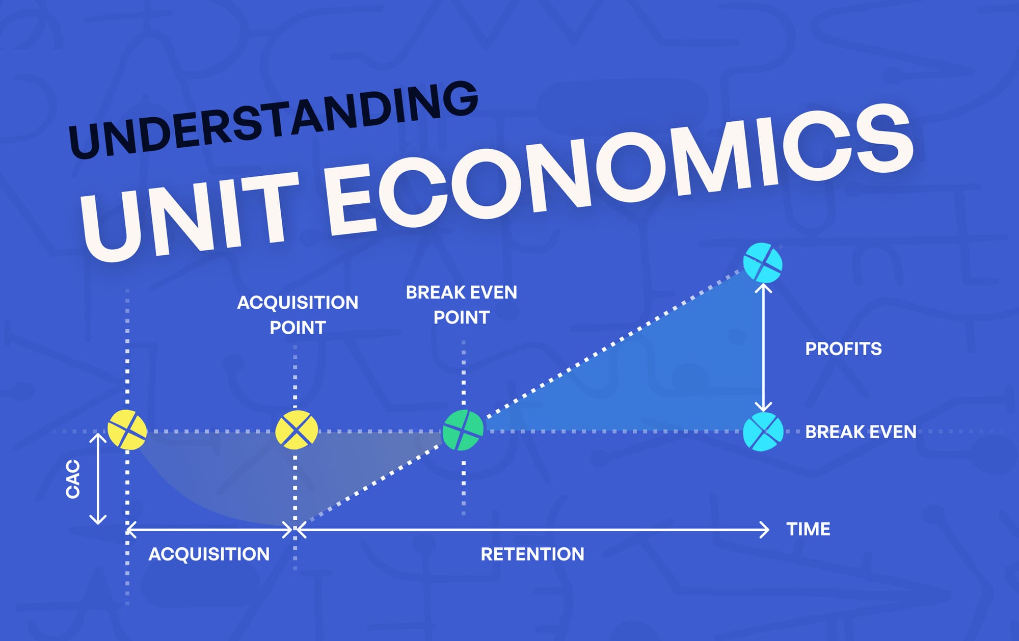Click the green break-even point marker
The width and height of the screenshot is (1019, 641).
[x=463, y=431]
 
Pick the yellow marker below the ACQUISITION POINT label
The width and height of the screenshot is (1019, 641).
[x=296, y=431]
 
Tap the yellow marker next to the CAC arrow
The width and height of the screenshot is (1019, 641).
[x=127, y=430]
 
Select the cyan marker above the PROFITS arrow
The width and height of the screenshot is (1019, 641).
[x=762, y=263]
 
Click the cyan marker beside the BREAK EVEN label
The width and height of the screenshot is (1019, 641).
[x=763, y=432]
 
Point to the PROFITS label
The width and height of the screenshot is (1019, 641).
[x=843, y=349]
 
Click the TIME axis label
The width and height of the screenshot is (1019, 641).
[x=808, y=529]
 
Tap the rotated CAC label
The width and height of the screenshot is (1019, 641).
[x=73, y=479]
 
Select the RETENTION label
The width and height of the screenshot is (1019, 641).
[x=532, y=554]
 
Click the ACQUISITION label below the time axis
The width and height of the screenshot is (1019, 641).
[x=209, y=554]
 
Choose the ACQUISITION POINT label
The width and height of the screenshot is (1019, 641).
[x=298, y=315]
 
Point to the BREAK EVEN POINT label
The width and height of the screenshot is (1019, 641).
[x=462, y=305]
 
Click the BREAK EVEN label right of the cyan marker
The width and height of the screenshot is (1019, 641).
[x=861, y=432]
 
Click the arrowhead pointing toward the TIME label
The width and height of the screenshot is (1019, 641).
[x=764, y=530]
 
